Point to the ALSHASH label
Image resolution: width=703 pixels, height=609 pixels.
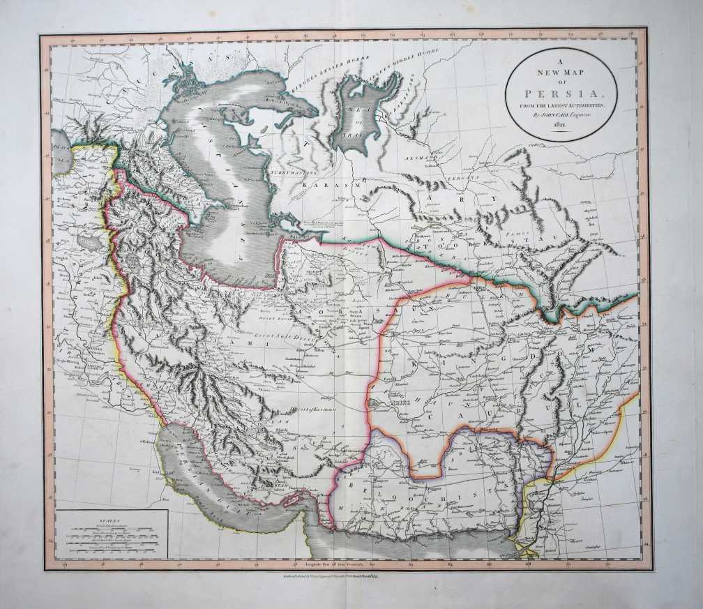coord(421,158)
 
